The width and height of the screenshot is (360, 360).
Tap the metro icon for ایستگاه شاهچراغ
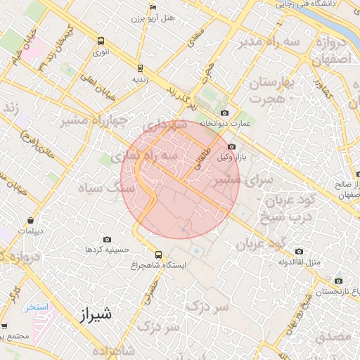click(x=157, y=254)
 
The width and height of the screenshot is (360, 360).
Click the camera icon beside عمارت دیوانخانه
click(x=224, y=112)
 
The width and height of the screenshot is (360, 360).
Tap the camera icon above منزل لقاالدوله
click(x=300, y=251)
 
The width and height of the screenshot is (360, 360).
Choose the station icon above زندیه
click(x=140, y=68)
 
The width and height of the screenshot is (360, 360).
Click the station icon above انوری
click(x=101, y=41)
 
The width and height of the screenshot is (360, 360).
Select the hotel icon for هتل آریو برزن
click(x=153, y=8)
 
